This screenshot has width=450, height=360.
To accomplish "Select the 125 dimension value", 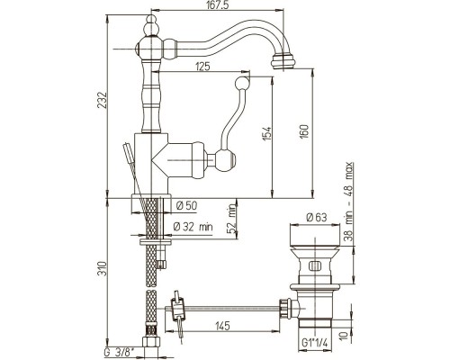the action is pyautogui.click(x=202, y=67).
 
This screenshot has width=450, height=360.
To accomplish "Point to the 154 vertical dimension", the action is pyautogui.click(x=267, y=133).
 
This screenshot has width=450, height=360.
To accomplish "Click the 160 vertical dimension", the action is pyautogui.click(x=304, y=131).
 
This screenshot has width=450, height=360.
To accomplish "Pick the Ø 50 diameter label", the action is pyautogui.click(x=187, y=206).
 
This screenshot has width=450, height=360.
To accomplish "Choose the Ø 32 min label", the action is pyautogui.click(x=193, y=227).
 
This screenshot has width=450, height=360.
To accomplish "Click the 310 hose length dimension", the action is pyautogui.click(x=103, y=268).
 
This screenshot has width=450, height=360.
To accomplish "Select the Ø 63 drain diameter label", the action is pyautogui.click(x=317, y=217).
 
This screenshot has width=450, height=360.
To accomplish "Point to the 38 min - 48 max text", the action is pyautogui.click(x=348, y=202).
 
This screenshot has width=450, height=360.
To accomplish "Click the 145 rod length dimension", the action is pyautogui.click(x=222, y=326).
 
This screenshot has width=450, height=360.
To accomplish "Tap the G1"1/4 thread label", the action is pyautogui.click(x=315, y=342).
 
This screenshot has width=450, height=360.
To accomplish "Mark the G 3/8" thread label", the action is pyautogui.click(x=120, y=353).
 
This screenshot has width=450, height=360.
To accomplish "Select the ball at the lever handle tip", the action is pyautogui.click(x=242, y=83).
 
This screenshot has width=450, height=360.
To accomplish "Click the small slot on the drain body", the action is pyautogui.click(x=315, y=265).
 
